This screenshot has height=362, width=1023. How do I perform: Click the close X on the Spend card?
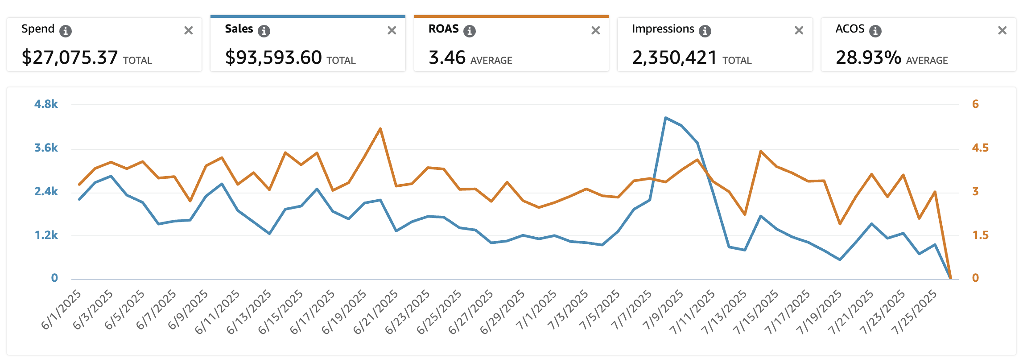(189, 30)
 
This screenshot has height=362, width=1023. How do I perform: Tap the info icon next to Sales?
(264, 31)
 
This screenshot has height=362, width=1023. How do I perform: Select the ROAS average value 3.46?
(447, 58)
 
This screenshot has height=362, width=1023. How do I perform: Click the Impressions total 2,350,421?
(674, 58)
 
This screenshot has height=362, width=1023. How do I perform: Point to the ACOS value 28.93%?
(868, 58)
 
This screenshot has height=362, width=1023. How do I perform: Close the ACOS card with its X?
(1002, 30)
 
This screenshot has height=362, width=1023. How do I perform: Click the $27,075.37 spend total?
(70, 58)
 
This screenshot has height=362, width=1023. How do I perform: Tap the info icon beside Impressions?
(705, 31)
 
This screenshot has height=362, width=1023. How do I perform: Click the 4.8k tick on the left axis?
(46, 104)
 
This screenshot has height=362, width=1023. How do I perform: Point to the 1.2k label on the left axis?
(46, 235)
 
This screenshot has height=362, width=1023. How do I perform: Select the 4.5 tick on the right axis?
(980, 148)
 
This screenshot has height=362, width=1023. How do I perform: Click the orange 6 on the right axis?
(975, 104)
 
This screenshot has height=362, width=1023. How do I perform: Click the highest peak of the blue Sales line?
(665, 118)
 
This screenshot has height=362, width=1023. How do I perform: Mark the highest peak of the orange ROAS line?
(380, 129)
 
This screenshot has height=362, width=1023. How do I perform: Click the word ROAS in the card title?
(443, 29)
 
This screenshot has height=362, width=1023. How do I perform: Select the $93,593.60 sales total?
(273, 58)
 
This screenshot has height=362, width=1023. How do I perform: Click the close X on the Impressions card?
(799, 30)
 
